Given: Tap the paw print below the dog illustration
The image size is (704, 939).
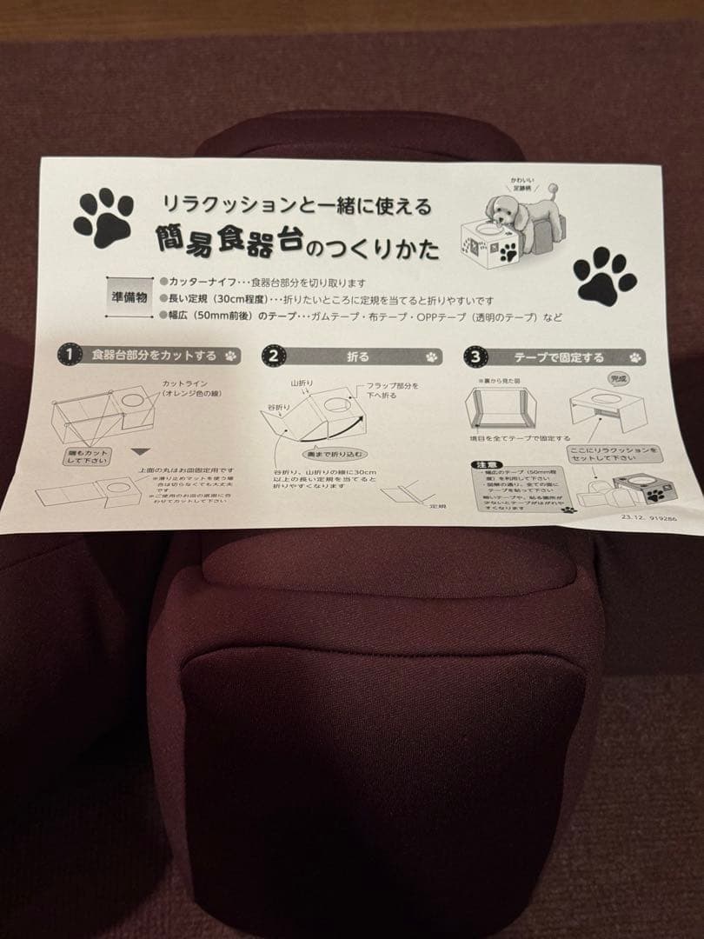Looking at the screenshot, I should point(605,276).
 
